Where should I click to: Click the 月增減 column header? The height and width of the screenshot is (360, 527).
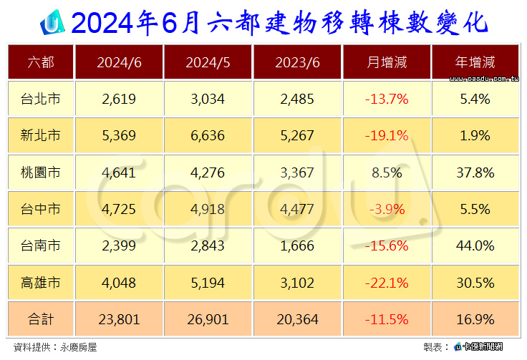point(387,62)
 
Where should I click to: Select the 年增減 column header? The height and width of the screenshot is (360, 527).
point(475,62)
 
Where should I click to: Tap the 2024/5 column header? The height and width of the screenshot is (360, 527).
point(208,62)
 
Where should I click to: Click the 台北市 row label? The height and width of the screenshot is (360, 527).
point(40,99)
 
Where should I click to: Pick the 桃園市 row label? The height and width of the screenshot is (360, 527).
point(40,172)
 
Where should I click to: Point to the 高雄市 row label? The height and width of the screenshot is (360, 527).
point(40,283)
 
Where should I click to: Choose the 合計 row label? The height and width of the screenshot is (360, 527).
point(40,319)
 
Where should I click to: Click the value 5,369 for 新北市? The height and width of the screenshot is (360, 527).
point(119,136)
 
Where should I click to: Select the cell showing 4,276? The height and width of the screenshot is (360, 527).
point(208,172)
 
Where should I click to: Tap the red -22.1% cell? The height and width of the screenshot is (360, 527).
point(387,283)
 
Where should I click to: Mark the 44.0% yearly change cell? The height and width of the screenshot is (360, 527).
point(475,245)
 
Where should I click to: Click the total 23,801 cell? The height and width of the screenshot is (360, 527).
point(119,319)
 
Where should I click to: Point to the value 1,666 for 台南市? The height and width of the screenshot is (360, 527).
point(297,245)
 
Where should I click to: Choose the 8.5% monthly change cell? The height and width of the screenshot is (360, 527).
point(387,172)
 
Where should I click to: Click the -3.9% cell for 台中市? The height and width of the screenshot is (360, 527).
point(387,209)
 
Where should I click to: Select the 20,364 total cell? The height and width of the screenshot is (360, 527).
point(297,319)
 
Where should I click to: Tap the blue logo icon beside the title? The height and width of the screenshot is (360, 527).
point(52,23)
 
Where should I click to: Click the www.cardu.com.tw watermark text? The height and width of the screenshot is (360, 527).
point(484,79)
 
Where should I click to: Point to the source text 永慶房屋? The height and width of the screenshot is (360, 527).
point(78,347)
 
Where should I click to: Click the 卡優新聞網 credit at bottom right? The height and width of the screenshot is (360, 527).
point(483,346)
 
